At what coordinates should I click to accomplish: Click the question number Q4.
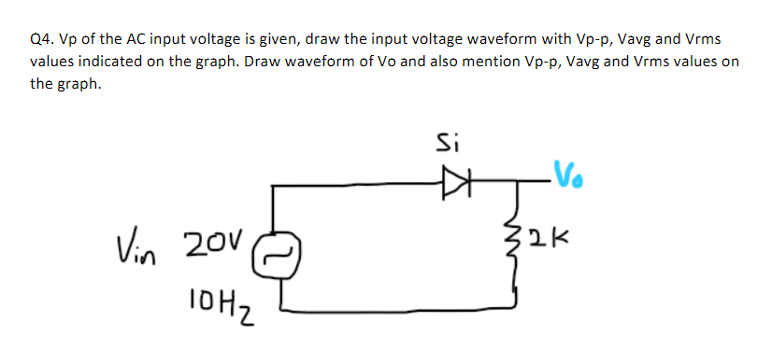[41, 40]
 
